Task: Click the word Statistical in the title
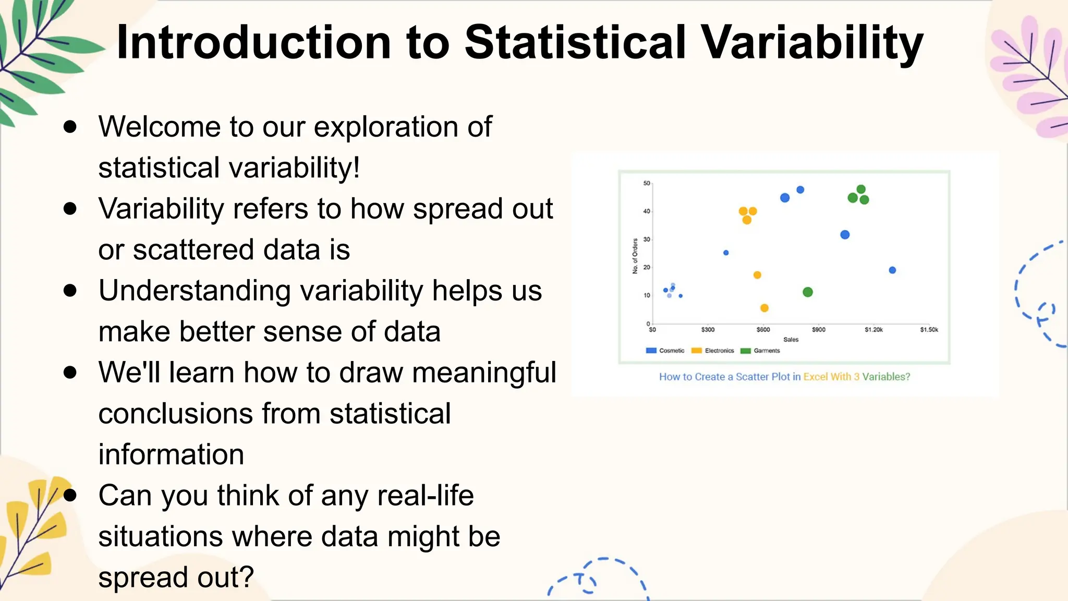pyautogui.click(x=575, y=43)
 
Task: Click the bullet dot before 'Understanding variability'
pyautogui.click(x=70, y=291)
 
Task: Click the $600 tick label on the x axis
pyautogui.click(x=763, y=330)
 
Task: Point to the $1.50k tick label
pyautogui.click(x=929, y=330)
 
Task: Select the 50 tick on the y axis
pyautogui.click(x=647, y=183)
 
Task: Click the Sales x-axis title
pyautogui.click(x=791, y=340)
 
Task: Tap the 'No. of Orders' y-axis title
pyautogui.click(x=635, y=256)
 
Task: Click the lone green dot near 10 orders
pyautogui.click(x=808, y=292)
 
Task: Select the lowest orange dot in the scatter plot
pyautogui.click(x=764, y=308)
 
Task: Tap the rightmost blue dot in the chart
pyautogui.click(x=892, y=270)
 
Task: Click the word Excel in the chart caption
pyautogui.click(x=815, y=377)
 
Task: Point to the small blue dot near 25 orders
pyautogui.click(x=726, y=253)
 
